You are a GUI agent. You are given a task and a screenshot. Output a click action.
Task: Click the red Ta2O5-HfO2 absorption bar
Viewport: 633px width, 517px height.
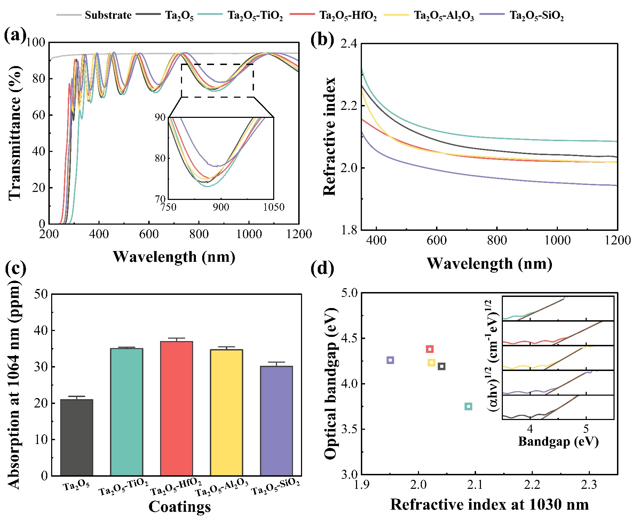tap(176, 408)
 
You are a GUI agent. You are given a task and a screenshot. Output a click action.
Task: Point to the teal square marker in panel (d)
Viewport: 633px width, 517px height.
tap(468, 406)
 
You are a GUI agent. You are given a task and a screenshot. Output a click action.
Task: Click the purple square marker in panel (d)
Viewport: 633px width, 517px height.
tap(390, 360)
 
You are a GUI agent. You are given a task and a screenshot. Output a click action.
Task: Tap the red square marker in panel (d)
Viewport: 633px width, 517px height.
tap(430, 349)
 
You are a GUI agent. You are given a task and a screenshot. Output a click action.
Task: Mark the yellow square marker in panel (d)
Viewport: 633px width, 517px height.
tap(431, 363)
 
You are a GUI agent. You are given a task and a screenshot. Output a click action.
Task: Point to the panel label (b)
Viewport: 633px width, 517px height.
tap(322, 39)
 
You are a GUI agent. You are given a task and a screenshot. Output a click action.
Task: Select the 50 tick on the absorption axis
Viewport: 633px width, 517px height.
tap(41, 294)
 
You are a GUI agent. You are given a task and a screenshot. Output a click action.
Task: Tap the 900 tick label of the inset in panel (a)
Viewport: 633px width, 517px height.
tap(221, 208)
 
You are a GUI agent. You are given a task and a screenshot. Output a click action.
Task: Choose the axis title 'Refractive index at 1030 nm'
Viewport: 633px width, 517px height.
tap(489, 504)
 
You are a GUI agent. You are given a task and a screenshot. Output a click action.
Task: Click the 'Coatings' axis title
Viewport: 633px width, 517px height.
tap(180, 506)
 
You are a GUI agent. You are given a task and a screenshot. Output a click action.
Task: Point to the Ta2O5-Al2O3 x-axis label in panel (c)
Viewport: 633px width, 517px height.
tap(222, 488)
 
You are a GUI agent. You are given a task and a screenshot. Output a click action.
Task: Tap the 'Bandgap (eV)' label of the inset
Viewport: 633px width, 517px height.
tap(558, 441)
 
